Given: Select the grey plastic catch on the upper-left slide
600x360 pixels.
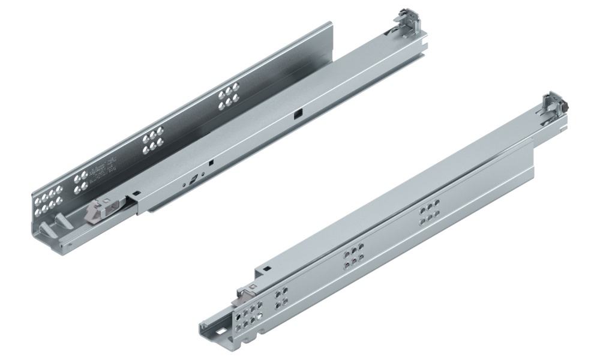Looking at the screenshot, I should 98,212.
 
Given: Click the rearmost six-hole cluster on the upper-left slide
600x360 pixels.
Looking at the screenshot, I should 227,98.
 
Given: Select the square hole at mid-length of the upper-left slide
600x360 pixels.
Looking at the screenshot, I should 296,115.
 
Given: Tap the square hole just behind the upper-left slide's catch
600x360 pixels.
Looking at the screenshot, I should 136,194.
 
